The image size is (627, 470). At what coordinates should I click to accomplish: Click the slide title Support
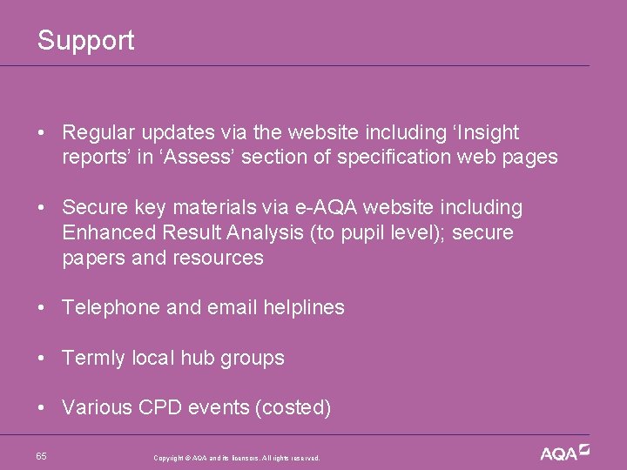point(85,40)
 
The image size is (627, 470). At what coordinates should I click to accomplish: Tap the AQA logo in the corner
point(564,453)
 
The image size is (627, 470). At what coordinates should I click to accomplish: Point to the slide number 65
point(42,456)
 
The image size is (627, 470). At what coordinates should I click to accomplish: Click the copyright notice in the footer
point(237,458)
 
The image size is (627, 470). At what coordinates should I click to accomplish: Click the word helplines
point(300,307)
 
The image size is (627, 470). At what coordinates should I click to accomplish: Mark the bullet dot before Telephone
point(42,307)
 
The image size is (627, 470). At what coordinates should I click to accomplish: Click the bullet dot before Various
point(42,407)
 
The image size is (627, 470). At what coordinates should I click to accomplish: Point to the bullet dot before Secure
point(42,208)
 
